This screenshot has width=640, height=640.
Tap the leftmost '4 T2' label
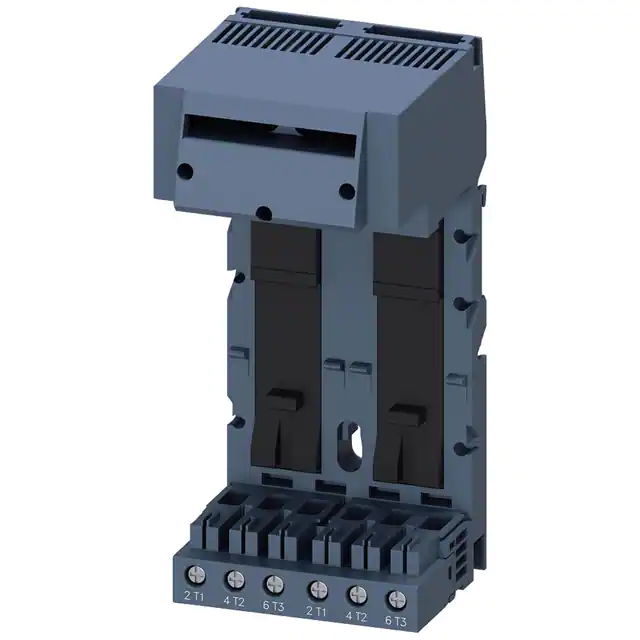234,601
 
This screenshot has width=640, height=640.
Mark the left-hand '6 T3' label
274,603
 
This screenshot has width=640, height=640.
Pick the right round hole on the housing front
345,190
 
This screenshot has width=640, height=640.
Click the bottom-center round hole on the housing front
264,211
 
